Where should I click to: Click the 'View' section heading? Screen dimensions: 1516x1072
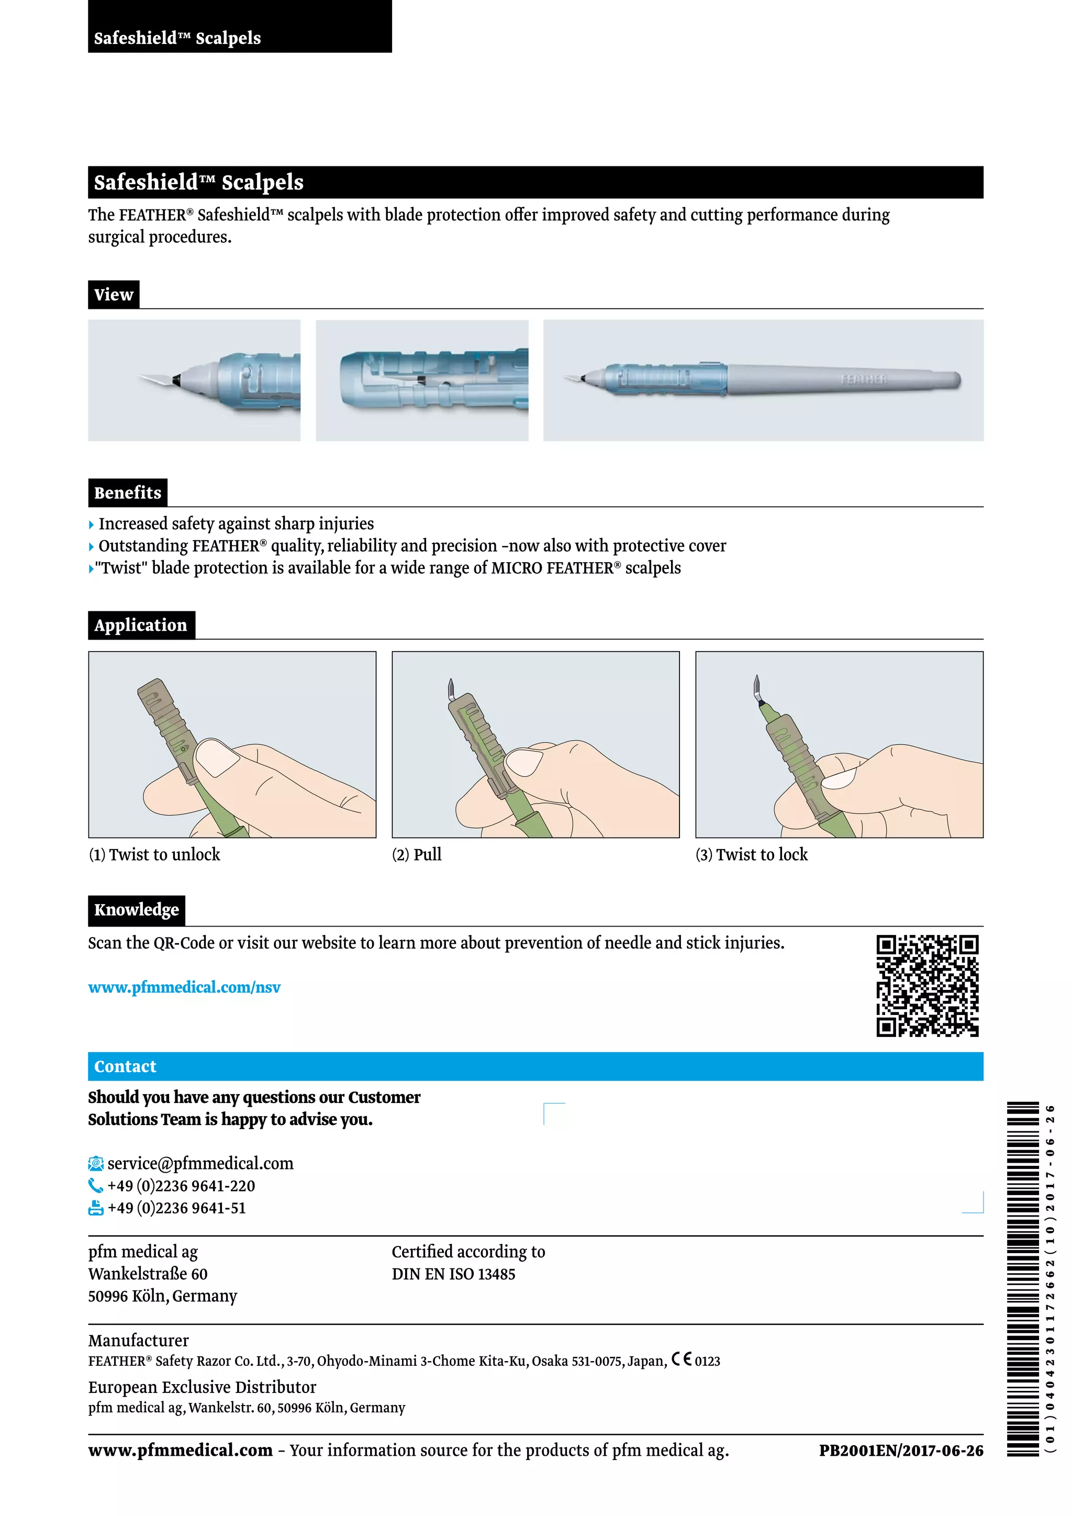pos(114,295)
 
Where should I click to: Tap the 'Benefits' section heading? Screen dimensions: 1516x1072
pos(127,493)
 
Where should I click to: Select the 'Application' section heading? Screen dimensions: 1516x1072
pos(141,625)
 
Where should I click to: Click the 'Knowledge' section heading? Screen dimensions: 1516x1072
pos(136,910)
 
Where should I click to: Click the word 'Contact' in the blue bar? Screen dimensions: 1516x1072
pos(126,1066)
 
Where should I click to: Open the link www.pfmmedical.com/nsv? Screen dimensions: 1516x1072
pos(184,987)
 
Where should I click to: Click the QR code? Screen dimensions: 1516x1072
pos(927,986)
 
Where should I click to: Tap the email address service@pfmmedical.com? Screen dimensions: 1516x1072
pos(200,1163)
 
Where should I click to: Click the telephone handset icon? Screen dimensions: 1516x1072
pos(96,1186)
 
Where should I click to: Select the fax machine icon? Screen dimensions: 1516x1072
pos(96,1208)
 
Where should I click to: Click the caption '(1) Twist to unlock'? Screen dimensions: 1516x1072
pos(154,854)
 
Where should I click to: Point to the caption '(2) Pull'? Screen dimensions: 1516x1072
pos(417,854)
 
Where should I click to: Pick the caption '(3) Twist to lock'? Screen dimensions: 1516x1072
pos(751,854)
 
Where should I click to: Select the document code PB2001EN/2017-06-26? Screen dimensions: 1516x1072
pos(901,1451)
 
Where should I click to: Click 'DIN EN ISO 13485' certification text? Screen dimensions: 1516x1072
pos(453,1274)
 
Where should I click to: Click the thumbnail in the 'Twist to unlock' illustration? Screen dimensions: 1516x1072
pos(218,757)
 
